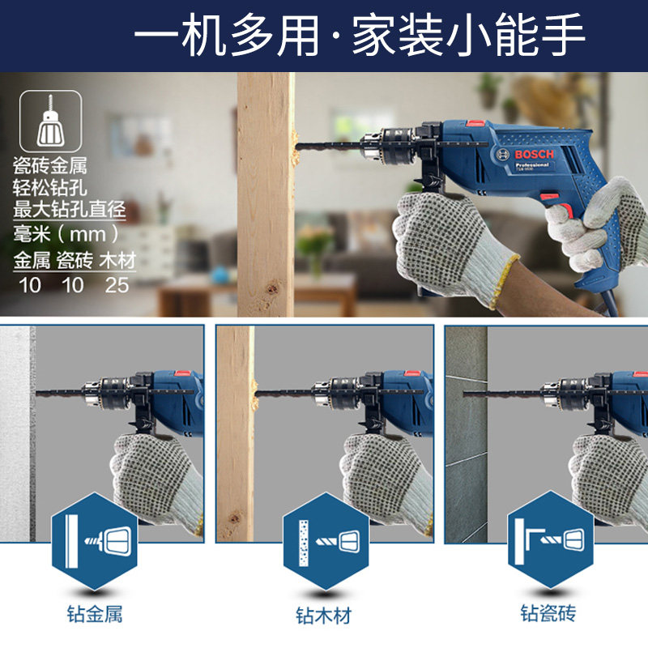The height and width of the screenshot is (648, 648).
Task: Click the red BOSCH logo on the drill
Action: (534, 155)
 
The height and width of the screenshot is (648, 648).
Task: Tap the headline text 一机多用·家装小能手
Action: (359, 35)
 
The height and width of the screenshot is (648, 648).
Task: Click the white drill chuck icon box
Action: (50, 121)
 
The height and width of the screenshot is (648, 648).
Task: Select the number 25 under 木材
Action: (117, 285)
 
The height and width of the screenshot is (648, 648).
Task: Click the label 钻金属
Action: (95, 614)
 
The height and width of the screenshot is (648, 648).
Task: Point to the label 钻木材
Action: (323, 616)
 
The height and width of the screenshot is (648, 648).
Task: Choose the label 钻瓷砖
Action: (548, 613)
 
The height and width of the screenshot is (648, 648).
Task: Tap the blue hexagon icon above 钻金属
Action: (95, 541)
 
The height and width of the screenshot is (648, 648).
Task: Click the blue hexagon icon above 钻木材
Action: (326, 541)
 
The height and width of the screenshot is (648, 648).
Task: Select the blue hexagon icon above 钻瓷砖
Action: (551, 539)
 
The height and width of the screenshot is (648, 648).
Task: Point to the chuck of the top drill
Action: (387, 145)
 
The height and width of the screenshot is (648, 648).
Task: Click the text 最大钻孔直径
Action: (69, 209)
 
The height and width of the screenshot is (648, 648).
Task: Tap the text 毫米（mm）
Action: (66, 234)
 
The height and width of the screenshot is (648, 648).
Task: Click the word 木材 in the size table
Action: (117, 261)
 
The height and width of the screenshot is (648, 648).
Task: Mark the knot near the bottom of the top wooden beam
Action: (271, 288)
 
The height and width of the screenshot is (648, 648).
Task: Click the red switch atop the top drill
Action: (476, 123)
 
